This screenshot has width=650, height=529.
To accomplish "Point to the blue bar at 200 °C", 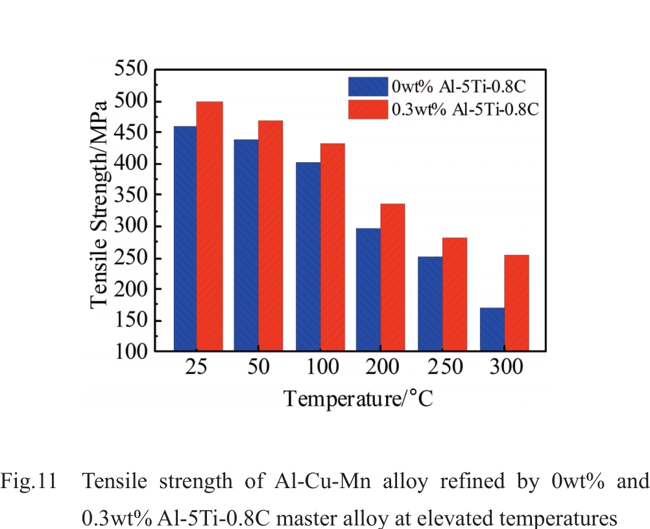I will [x=368, y=289].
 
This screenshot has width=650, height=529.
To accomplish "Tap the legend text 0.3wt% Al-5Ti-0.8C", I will [x=464, y=108].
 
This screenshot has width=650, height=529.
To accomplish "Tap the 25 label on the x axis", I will [x=197, y=368].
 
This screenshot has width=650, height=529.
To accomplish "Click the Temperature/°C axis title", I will [x=357, y=397].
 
